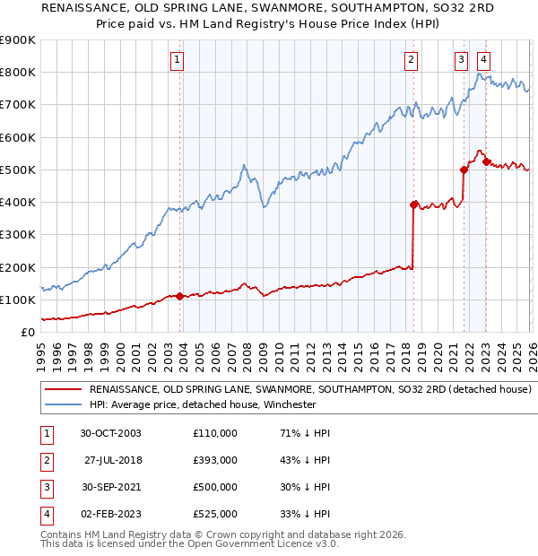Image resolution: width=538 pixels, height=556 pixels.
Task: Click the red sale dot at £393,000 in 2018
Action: click(x=413, y=204)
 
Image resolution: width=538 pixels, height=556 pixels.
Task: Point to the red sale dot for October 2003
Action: click(x=180, y=296)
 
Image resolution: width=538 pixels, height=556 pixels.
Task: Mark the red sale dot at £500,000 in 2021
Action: click(x=464, y=169)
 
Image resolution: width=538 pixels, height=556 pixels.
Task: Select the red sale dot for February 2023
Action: click(x=485, y=161)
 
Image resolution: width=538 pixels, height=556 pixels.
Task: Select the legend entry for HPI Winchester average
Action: click(x=202, y=404)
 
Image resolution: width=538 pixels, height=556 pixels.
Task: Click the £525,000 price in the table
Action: click(x=215, y=515)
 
